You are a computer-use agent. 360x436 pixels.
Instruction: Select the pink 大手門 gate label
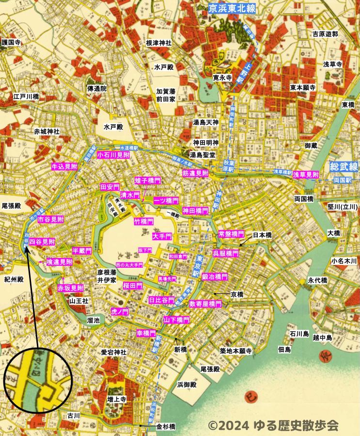(161, 237)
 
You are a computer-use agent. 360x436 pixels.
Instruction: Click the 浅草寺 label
(333, 64)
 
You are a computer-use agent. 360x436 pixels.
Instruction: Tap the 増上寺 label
(117, 400)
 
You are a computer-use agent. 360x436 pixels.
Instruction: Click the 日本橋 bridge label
(263, 235)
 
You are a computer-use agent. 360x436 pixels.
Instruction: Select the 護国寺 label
(12, 43)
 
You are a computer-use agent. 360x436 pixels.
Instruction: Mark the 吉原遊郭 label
(325, 34)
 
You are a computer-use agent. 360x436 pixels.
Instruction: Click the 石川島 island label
(299, 334)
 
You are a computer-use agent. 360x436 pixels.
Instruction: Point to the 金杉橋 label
(166, 427)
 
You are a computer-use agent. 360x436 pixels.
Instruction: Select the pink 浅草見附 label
(306, 174)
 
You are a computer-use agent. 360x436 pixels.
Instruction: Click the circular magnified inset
(38, 379)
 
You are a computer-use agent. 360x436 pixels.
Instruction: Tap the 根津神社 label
(158, 43)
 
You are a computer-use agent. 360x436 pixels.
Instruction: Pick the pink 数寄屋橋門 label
(205, 304)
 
